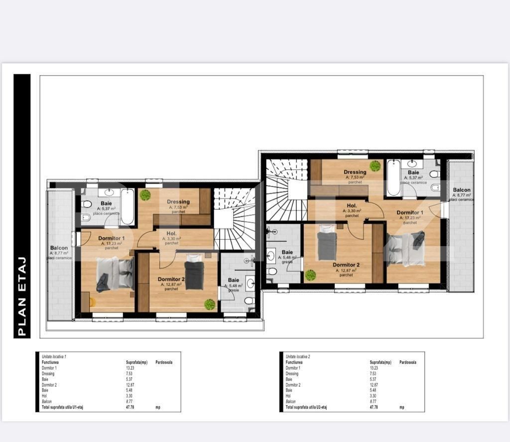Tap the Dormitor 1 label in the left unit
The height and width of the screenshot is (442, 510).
[112, 238]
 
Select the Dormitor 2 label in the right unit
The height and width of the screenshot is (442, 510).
[346, 265]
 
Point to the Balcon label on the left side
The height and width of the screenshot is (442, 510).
[59, 248]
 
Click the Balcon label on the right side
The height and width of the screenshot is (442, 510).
[461, 190]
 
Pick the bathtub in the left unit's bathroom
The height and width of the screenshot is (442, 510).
[127, 206]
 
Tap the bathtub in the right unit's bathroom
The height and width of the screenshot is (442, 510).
[393, 177]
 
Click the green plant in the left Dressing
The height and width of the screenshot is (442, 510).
[145, 195]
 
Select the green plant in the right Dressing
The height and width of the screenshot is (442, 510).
[375, 166]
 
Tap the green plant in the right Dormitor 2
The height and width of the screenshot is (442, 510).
[311, 275]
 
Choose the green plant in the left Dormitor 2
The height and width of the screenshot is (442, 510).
[210, 303]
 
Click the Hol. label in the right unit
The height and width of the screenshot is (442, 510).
[352, 205]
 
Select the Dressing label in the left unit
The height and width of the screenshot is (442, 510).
[178, 202]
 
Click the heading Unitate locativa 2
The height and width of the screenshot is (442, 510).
[302, 357]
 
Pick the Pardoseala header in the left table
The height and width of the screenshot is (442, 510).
[164, 362]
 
